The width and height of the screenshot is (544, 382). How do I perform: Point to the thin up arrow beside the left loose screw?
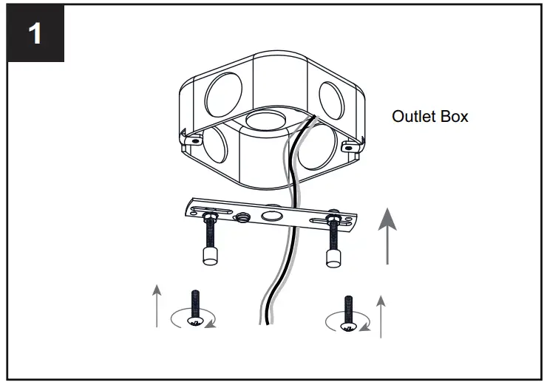[157, 302]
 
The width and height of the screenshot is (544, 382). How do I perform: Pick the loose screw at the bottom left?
[196, 308]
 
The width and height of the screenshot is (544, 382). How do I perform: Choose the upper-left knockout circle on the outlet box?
[222, 93]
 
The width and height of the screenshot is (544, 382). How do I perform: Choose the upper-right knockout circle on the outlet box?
[328, 97]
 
